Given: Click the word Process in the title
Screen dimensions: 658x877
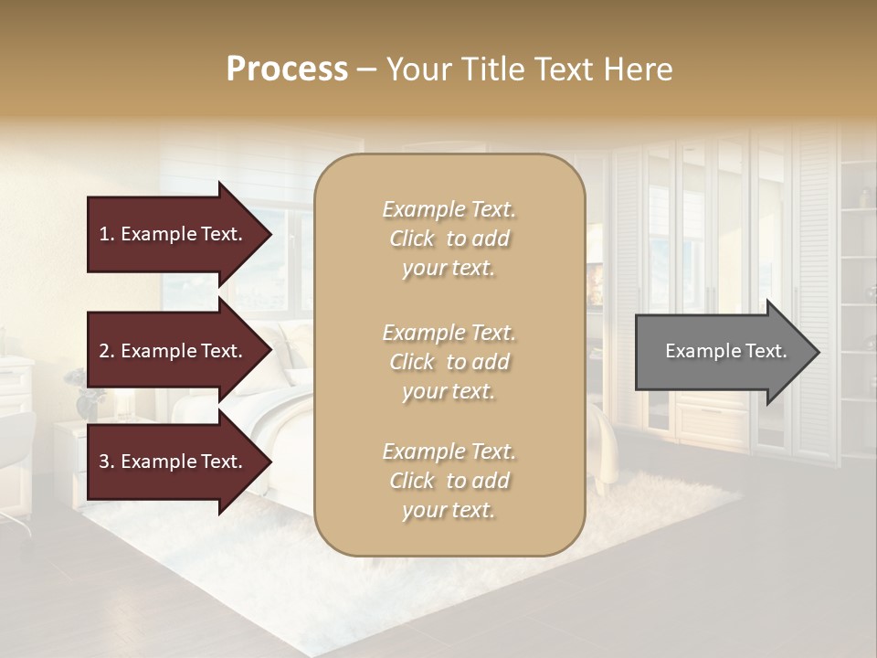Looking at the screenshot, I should pos(287,69).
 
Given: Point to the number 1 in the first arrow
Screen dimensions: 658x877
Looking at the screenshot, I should pos(103,234).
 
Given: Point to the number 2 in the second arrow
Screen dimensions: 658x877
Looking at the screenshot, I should pos(103,351).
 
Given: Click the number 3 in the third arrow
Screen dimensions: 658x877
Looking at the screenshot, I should pos(103,462).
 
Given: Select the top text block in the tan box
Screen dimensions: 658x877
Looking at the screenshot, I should pos(449,239).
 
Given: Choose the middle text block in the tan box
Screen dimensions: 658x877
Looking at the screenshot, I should pos(449,362).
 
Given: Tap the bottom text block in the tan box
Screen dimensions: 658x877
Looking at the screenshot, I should pos(449,481).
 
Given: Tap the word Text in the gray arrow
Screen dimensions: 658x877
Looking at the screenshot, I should pos(766,351).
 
